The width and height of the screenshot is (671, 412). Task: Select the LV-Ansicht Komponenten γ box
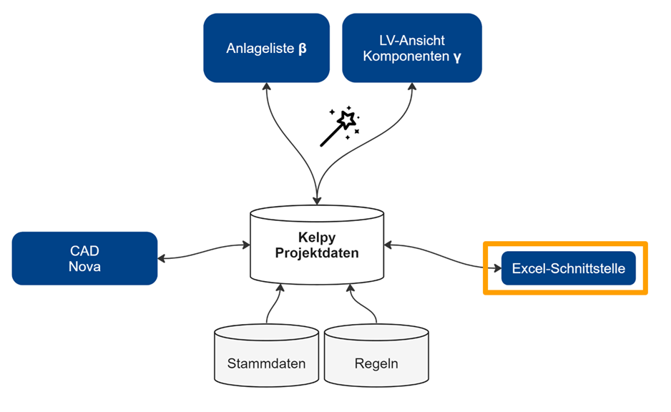pyautogui.click(x=411, y=47)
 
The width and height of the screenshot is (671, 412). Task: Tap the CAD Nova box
pyautogui.click(x=84, y=258)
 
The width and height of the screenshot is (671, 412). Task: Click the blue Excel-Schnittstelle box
pyautogui.click(x=568, y=268)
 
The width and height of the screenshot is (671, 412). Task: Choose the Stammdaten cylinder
pyautogui.click(x=266, y=353)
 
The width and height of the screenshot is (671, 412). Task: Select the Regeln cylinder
pyautogui.click(x=376, y=353)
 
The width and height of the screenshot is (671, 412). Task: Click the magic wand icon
pyautogui.click(x=339, y=127)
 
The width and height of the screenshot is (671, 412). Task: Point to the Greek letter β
pyautogui.click(x=303, y=50)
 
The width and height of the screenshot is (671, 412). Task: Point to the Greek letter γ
pyautogui.click(x=457, y=57)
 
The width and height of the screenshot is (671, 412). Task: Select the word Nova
pyautogui.click(x=84, y=266)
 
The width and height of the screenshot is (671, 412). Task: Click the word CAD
pyautogui.click(x=84, y=250)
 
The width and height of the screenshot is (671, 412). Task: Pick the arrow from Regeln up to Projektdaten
pyautogui.click(x=363, y=304)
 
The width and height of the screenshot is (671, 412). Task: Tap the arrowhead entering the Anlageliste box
pyautogui.click(x=266, y=87)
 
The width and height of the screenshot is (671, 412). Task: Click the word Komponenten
pyautogui.click(x=406, y=56)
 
